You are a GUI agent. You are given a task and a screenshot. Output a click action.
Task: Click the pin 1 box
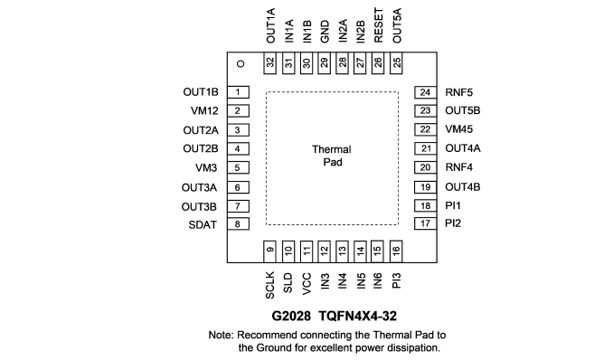[x=238, y=92]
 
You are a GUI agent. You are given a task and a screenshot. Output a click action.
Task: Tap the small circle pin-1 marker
[x=240, y=64]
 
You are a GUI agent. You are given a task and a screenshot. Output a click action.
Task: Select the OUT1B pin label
[x=201, y=92]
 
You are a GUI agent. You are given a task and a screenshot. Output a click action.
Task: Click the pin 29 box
[x=325, y=63]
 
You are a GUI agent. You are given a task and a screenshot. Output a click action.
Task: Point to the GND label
[x=325, y=32]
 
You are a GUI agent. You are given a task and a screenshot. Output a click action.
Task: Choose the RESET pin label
[x=379, y=25]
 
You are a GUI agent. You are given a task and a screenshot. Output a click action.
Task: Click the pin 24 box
[x=425, y=92]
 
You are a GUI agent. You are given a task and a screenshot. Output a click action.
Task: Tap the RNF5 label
[x=459, y=92]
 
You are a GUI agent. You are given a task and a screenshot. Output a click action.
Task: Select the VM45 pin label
[x=459, y=129]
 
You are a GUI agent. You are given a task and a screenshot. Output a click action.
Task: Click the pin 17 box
[x=425, y=223]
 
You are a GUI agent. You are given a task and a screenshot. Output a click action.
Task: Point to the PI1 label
[x=453, y=205]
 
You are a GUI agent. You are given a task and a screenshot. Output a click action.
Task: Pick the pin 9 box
[x=269, y=251]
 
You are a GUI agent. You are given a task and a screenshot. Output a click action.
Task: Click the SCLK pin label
[x=269, y=285]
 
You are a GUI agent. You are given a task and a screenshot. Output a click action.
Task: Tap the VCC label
[x=306, y=284]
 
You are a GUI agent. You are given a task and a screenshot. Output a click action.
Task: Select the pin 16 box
[x=396, y=251]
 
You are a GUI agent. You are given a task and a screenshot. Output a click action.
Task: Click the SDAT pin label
[x=203, y=225]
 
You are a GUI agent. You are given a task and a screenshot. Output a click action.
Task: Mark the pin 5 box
[x=238, y=168]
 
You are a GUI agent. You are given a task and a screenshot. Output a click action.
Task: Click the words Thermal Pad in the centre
[x=332, y=156]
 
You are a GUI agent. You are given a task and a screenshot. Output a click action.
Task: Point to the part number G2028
[x=291, y=316]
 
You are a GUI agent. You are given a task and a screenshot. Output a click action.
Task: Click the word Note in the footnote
[x=221, y=335]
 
